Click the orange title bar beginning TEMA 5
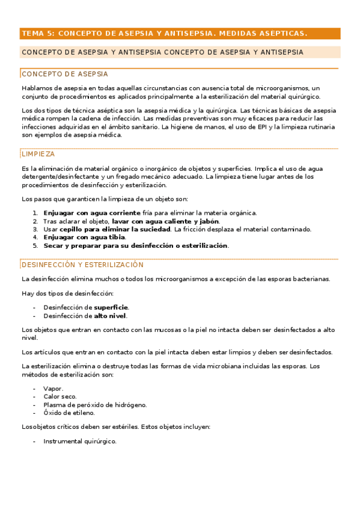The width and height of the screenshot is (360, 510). coord(179,34)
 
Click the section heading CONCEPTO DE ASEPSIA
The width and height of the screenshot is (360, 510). coord(65,74)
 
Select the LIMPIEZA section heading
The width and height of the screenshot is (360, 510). coord(38,154)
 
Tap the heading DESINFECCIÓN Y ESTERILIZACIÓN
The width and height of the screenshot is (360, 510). coord(82,265)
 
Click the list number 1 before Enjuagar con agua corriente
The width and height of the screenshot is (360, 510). coord(35,213)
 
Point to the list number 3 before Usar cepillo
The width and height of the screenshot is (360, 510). coord(35,229)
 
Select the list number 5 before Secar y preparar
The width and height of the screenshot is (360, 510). coord(35,245)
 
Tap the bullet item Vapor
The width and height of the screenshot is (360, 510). coord(53,389)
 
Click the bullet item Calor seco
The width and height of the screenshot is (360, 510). coord(59,397)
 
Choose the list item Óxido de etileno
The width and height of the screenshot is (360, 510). coord(69,413)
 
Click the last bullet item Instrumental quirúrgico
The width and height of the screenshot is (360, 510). coord(80,441)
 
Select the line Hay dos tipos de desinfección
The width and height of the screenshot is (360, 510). coord(67,293)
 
